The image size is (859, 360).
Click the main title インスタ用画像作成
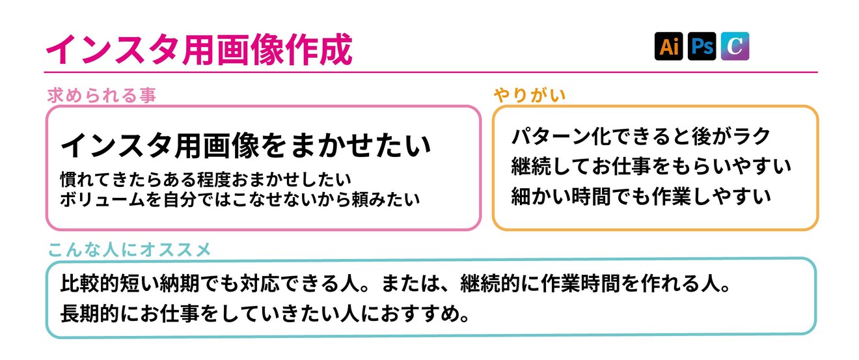[x=198, y=48]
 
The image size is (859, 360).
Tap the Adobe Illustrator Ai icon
[x=668, y=46]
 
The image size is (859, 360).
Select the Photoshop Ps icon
[x=702, y=46]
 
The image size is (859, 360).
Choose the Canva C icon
[x=735, y=46]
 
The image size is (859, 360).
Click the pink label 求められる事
[x=102, y=96]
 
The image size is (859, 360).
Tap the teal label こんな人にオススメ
[x=130, y=249]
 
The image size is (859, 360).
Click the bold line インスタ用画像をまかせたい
[x=246, y=146]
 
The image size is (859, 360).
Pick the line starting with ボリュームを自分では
[x=239, y=199]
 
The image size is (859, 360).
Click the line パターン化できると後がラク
[x=640, y=137]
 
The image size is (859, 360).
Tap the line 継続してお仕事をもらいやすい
[x=651, y=166]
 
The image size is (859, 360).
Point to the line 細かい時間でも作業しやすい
[x=641, y=195]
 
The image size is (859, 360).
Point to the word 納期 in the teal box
[x=194, y=284]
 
